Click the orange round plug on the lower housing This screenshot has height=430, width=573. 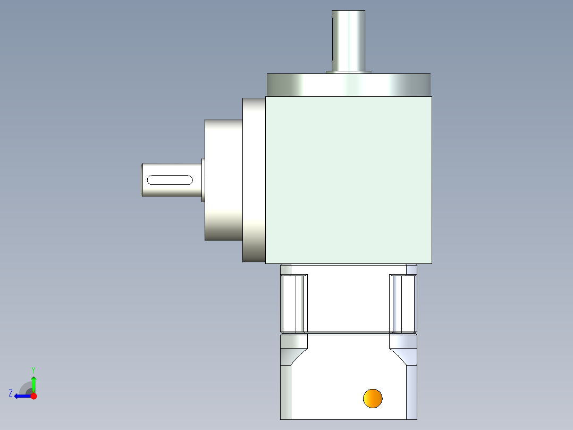pyautogui.click(x=373, y=398)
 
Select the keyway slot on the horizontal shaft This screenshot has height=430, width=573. pyautogui.click(x=170, y=179)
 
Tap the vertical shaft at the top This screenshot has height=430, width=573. pyautogui.click(x=349, y=40)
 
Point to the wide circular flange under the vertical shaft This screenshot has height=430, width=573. pyautogui.click(x=348, y=84)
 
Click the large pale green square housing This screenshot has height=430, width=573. pyautogui.click(x=348, y=179)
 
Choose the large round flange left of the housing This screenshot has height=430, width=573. pyautogui.click(x=224, y=179)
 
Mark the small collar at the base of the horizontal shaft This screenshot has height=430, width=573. pyautogui.click(x=203, y=179)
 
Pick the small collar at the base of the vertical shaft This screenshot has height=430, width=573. pyautogui.click(x=348, y=71)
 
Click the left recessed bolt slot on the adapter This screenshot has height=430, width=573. pyautogui.click(x=293, y=302)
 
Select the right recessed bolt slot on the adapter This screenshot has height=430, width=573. pyautogui.click(x=403, y=302)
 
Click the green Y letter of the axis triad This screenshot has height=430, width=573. pyautogui.click(x=33, y=369)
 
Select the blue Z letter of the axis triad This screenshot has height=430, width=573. pyautogui.click(x=11, y=393)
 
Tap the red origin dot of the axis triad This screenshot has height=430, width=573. pyautogui.click(x=33, y=396)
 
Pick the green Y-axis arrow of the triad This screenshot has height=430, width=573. pyautogui.click(x=33, y=383)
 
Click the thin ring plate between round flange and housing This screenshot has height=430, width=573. pyautogui.click(x=254, y=179)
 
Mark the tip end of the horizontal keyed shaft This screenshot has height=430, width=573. pyautogui.click(x=142, y=179)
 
